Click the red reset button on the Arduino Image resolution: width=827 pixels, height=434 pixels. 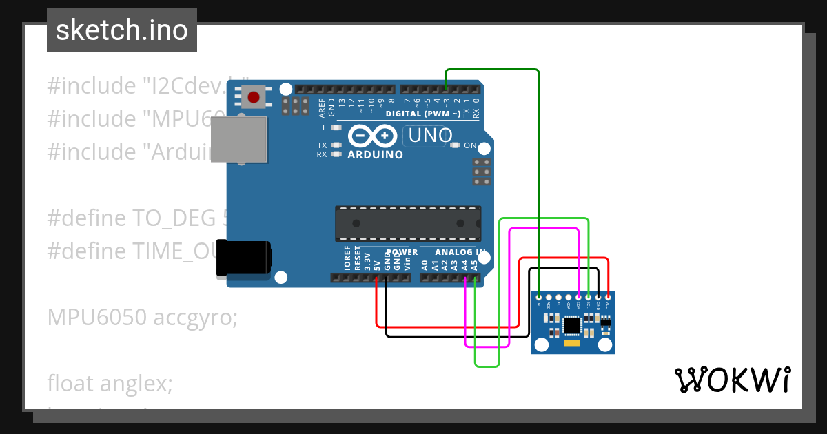click(254, 96)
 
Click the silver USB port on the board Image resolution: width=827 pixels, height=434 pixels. click(239, 140)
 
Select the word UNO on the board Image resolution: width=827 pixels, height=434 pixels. click(431, 135)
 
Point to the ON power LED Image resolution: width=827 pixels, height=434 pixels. click(455, 145)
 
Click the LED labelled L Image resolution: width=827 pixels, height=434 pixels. click(336, 127)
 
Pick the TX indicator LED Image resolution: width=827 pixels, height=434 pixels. click(336, 145)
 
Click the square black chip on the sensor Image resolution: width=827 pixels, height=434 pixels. click(572, 324)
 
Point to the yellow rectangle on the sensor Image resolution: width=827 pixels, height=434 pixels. click(572, 342)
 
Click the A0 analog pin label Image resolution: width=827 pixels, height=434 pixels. click(425, 264)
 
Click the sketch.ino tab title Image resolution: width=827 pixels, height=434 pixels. click(122, 30)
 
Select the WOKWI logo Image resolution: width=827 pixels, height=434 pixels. click(733, 380)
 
